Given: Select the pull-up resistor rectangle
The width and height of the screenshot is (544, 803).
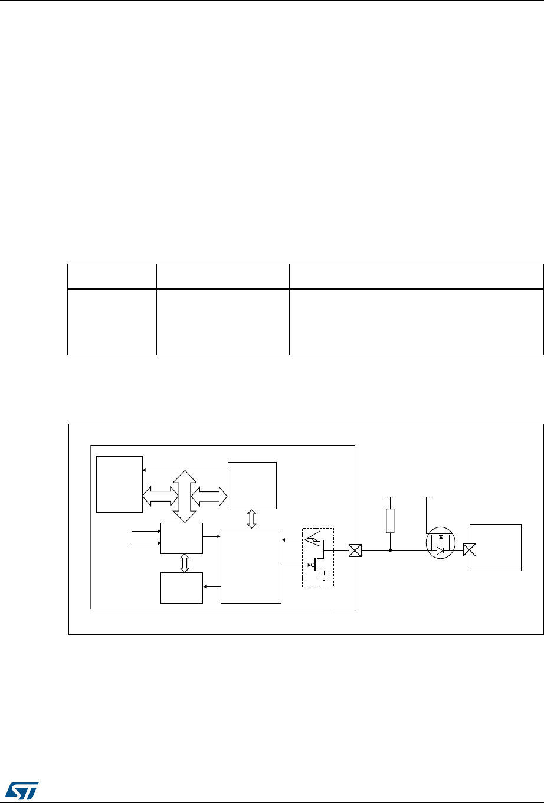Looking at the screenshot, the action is click(x=389, y=520).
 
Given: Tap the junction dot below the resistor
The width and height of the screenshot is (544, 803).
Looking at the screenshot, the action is click(x=389, y=551).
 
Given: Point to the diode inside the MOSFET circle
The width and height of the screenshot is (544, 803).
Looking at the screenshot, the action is click(x=440, y=551).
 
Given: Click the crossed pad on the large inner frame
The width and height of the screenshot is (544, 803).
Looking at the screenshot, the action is click(x=355, y=551).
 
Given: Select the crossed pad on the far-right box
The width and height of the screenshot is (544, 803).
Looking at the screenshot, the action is click(x=470, y=551).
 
